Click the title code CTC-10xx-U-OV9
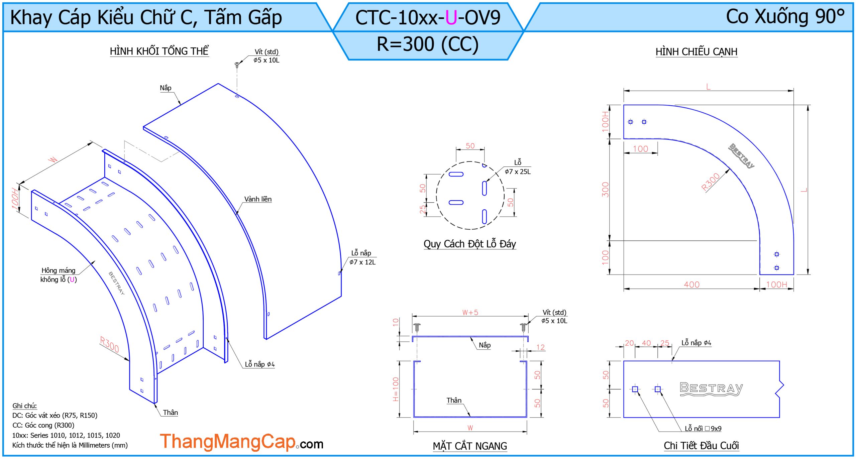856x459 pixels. tap(428, 17)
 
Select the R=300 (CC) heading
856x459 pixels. tap(428, 44)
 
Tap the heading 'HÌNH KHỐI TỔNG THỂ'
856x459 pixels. tap(159, 51)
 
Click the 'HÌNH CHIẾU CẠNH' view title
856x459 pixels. tap(696, 52)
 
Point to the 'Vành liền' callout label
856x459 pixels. tap(258, 199)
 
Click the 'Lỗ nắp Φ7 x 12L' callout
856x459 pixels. tap(362, 257)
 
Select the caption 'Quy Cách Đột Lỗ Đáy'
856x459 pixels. tap(470, 244)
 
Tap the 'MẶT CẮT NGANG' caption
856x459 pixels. tap(470, 446)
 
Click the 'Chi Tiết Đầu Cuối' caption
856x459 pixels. tap(701, 446)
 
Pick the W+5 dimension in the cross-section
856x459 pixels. tap(470, 313)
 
